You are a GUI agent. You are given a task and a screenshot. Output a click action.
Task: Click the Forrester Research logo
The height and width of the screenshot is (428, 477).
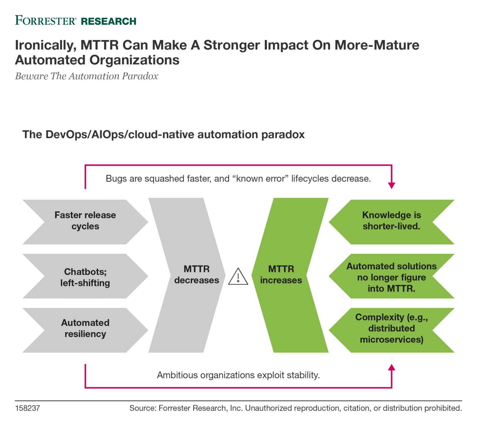click(75, 21)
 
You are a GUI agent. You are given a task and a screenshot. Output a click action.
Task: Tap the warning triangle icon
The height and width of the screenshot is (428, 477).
click(238, 277)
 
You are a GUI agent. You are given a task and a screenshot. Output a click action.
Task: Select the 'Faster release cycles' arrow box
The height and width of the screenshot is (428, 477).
click(85, 221)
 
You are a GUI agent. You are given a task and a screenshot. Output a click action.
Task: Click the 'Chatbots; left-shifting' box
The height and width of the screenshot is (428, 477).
click(85, 277)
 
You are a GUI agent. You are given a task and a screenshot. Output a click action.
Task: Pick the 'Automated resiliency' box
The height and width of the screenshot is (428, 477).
click(85, 328)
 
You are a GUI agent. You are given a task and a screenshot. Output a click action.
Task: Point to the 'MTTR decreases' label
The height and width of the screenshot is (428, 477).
click(197, 274)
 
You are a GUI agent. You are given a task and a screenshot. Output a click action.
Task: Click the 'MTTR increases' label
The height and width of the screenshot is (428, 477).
click(281, 274)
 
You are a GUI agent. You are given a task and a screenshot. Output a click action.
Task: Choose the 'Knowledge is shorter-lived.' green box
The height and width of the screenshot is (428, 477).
click(391, 221)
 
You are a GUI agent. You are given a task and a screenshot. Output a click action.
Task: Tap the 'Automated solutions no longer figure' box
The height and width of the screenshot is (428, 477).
click(391, 277)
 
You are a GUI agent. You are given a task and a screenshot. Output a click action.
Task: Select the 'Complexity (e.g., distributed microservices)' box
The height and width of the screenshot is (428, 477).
click(391, 328)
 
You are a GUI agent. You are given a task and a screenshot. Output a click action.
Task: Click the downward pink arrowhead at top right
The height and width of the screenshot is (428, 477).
click(392, 185)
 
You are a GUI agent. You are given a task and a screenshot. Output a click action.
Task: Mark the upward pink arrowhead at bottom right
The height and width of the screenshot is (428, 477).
click(392, 368)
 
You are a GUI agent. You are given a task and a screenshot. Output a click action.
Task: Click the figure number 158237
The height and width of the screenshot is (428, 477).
click(28, 408)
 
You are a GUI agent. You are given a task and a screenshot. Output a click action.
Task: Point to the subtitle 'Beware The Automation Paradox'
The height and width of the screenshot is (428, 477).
click(87, 76)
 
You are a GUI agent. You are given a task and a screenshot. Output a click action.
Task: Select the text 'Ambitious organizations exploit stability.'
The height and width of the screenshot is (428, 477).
click(238, 375)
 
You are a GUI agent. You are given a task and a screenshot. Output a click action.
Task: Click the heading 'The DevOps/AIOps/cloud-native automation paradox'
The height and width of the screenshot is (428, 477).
click(163, 135)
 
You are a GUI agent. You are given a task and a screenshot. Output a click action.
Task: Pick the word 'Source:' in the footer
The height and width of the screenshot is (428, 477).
click(143, 408)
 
